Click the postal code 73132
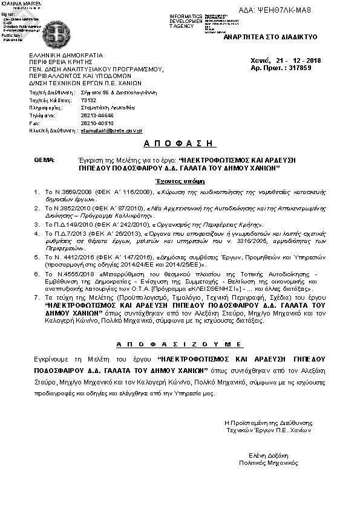88,100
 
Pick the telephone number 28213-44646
96,115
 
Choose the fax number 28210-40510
96,123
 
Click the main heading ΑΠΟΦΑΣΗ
180,143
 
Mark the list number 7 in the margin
37,300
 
